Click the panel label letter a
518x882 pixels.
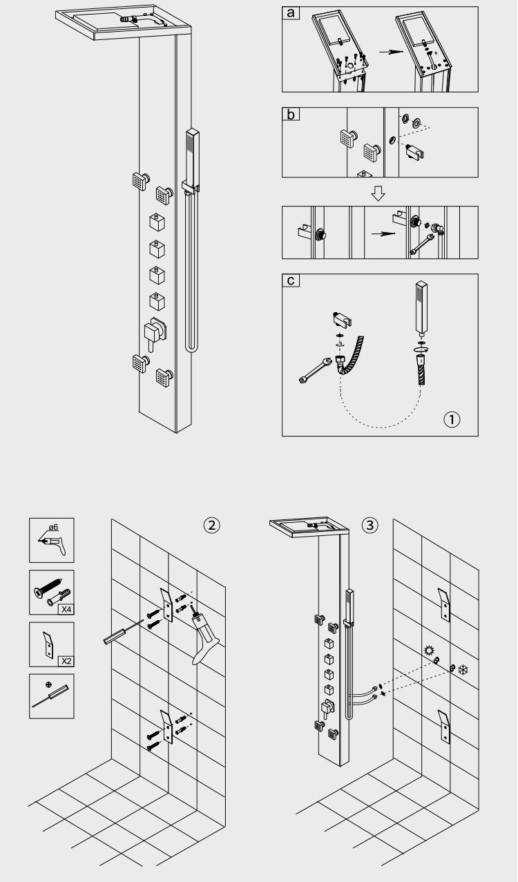(291, 12)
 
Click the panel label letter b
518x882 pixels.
(291, 114)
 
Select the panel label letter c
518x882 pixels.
(291, 280)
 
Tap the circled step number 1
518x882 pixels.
(452, 419)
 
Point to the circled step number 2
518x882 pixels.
(212, 525)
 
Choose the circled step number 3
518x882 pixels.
(370, 525)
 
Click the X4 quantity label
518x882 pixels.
(66, 609)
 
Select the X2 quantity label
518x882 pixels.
(66, 661)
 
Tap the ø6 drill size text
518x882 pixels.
(54, 527)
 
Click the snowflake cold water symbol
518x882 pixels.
(463, 670)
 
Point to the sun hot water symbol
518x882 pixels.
(428, 650)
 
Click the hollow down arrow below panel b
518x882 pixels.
(378, 193)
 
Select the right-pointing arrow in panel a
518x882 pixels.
(391, 52)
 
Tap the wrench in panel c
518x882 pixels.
(316, 370)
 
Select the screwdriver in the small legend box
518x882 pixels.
(50, 697)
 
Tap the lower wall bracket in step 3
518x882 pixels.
(444, 727)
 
